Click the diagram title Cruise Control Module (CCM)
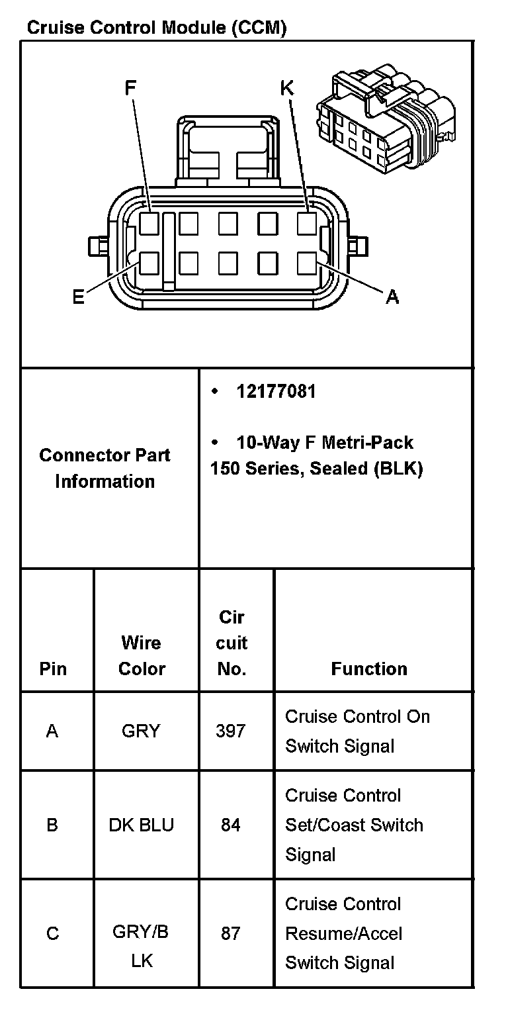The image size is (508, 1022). click(x=156, y=28)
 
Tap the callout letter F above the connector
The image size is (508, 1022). click(x=130, y=87)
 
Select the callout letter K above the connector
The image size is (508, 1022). click(x=286, y=87)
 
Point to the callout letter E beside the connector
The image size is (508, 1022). click(x=78, y=297)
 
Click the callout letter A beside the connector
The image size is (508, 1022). click(x=392, y=297)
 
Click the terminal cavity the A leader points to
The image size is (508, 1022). click(x=307, y=263)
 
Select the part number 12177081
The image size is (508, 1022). click(x=276, y=391)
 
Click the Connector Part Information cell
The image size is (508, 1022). click(x=105, y=468)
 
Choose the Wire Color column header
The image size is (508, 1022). click(x=142, y=655)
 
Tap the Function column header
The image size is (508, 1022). click(x=369, y=669)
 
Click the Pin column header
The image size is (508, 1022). click(x=53, y=669)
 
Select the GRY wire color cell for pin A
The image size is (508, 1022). click(x=140, y=731)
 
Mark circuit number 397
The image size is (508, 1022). click(x=230, y=731)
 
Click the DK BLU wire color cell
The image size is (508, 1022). click(x=141, y=825)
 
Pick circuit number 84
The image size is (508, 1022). click(x=230, y=825)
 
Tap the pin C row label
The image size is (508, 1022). click(x=52, y=933)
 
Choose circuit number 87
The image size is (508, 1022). click(x=230, y=933)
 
